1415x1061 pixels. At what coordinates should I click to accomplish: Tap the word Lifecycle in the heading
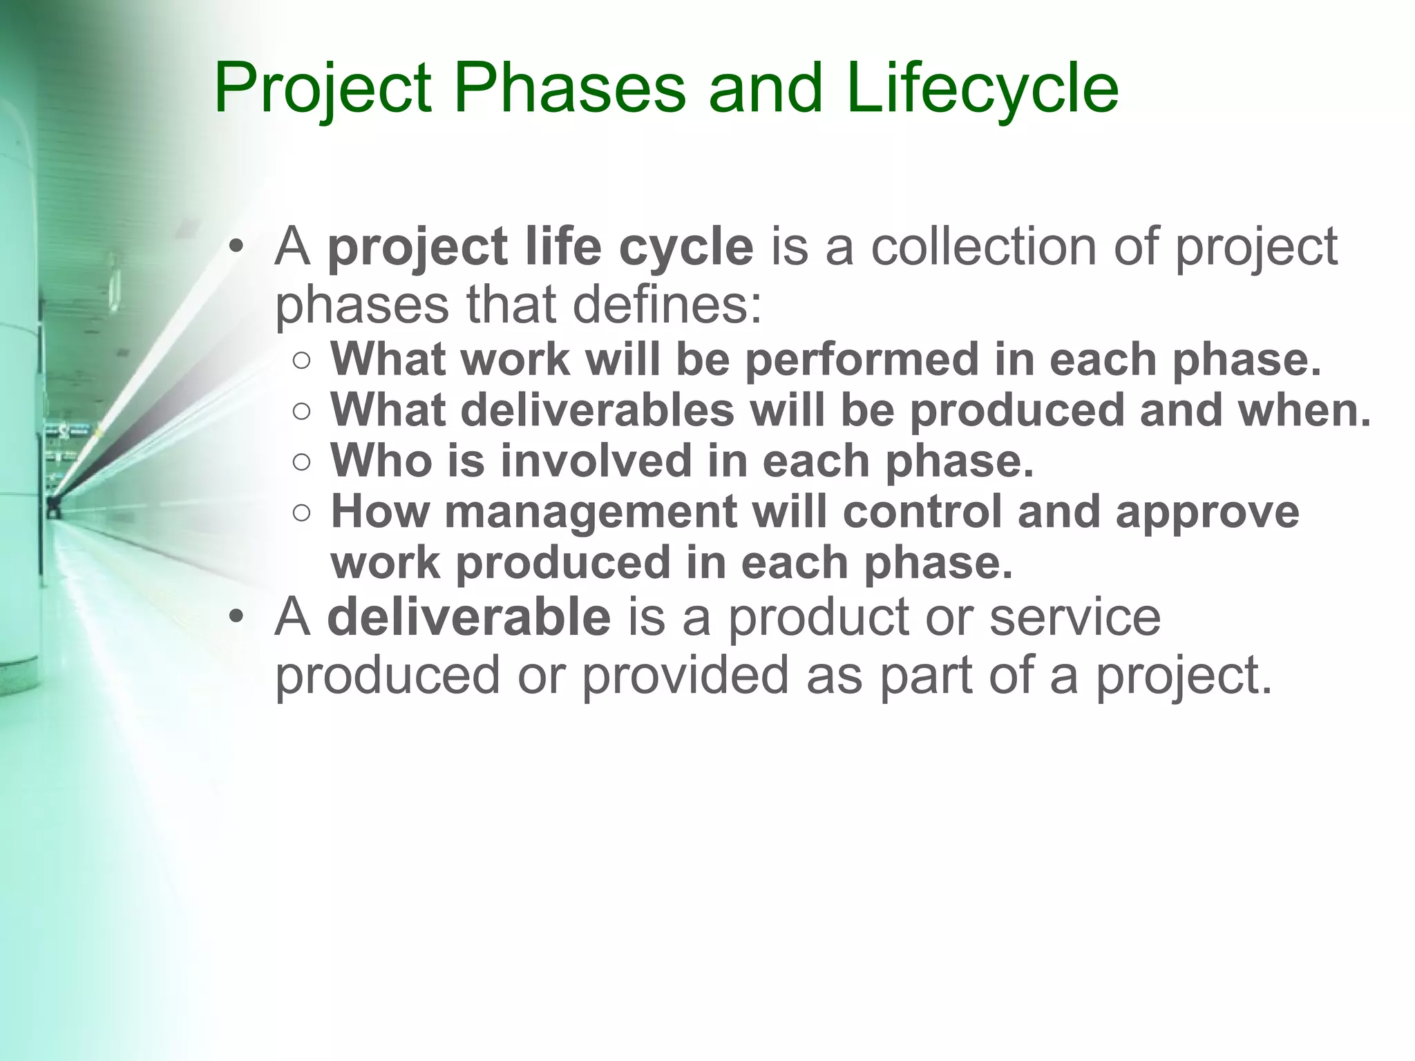click(982, 89)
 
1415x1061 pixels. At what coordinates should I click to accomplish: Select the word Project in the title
click(323, 89)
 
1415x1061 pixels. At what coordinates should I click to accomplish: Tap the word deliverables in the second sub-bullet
click(597, 410)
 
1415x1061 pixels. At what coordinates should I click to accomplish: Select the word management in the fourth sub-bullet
click(591, 513)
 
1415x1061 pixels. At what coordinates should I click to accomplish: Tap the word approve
click(1207, 513)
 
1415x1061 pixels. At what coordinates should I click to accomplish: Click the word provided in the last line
click(685, 675)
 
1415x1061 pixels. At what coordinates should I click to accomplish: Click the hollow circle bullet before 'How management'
click(301, 513)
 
